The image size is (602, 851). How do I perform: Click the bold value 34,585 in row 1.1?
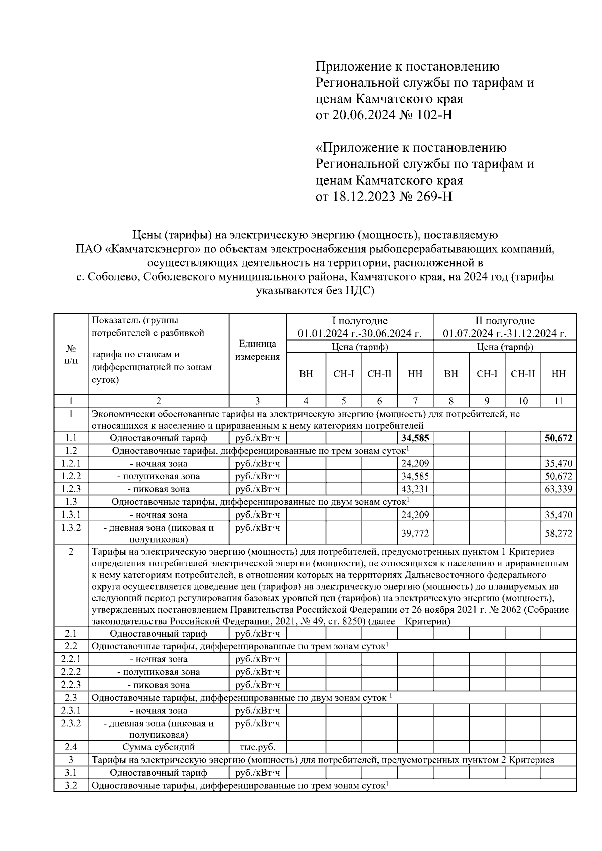tap(415, 438)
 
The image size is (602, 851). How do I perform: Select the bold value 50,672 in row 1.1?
tap(558, 438)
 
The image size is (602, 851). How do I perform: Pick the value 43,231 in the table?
tap(415, 489)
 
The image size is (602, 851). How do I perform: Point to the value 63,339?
tap(558, 489)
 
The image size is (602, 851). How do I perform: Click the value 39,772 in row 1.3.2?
tap(415, 533)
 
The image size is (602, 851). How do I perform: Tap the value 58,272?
tap(558, 533)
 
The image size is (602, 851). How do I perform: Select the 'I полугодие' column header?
tap(360, 321)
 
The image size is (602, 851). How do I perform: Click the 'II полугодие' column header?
tap(505, 321)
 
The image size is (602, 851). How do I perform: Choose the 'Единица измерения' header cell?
tap(257, 350)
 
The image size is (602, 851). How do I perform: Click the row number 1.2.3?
tap(71, 489)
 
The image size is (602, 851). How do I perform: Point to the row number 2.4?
tap(71, 747)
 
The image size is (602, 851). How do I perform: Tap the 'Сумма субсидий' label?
tap(158, 747)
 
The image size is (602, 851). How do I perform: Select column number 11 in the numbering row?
tap(558, 401)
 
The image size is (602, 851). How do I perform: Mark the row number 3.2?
tap(71, 785)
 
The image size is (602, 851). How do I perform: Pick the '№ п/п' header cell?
tap(71, 354)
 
